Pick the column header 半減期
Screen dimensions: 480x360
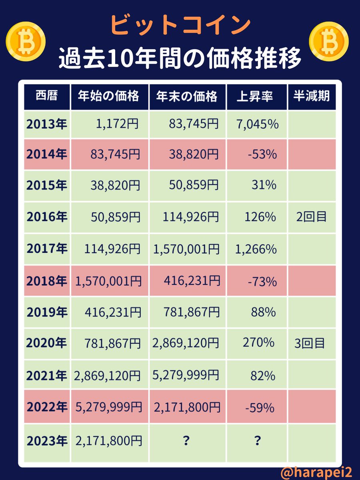[x=311, y=96]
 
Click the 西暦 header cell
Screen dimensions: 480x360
[x=47, y=96]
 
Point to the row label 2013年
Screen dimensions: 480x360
[x=47, y=124]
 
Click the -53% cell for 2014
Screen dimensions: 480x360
[x=262, y=154]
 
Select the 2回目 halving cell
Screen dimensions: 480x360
[x=311, y=217]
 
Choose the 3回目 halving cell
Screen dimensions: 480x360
[x=311, y=343]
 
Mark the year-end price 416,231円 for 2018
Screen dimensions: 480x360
[x=191, y=281]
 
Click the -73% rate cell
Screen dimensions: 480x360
[x=262, y=281]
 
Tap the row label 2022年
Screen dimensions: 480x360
[x=47, y=407]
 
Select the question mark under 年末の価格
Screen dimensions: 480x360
[x=186, y=441]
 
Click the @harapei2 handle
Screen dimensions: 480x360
[x=316, y=472]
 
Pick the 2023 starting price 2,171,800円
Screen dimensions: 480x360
[x=108, y=441]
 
